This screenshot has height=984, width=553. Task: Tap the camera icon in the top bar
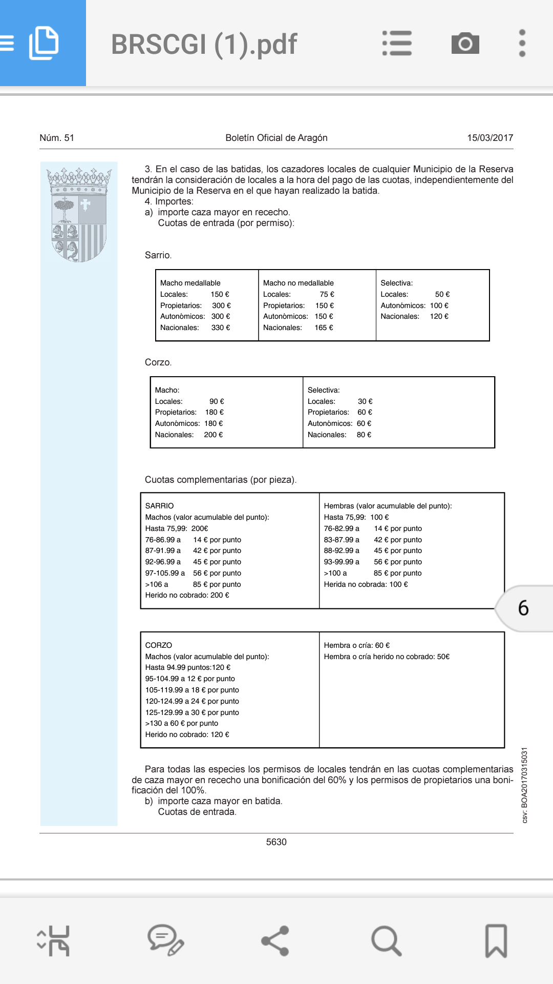(465, 44)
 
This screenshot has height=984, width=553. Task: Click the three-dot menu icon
(522, 44)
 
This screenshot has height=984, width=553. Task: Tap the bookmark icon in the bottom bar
(496, 941)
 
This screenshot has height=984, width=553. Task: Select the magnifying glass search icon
(386, 941)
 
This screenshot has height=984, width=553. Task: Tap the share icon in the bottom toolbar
(275, 941)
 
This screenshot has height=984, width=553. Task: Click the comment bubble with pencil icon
(165, 941)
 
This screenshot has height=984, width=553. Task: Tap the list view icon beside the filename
(397, 44)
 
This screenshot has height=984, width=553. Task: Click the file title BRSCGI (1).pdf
(204, 45)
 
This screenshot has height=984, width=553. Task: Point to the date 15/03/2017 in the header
(490, 138)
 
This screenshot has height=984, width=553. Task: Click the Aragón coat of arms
(79, 214)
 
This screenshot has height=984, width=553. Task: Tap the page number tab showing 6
(523, 608)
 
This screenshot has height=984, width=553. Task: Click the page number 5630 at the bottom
(276, 842)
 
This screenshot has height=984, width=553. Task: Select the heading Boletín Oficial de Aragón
(276, 138)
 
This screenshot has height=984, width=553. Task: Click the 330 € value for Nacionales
(221, 327)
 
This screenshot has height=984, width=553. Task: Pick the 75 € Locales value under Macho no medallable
(327, 294)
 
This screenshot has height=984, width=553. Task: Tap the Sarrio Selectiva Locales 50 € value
(442, 294)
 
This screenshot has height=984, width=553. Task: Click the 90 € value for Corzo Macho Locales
(217, 401)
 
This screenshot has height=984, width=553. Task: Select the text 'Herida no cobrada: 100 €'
(366, 584)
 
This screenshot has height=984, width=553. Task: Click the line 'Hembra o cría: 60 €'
(356, 645)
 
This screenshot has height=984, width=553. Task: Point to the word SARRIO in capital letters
(159, 506)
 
